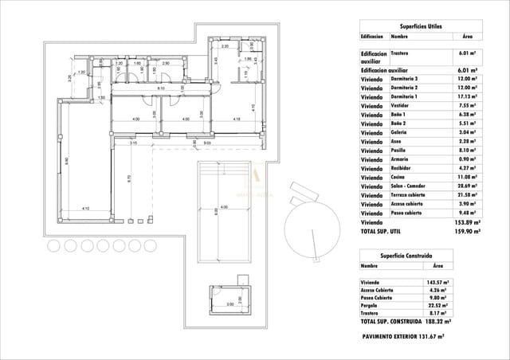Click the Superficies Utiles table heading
pyautogui.click(x=422, y=26)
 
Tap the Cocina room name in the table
pyautogui.click(x=398, y=177)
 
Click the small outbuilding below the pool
pyautogui.click(x=229, y=296)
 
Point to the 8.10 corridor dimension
pyautogui.click(x=161, y=88)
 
